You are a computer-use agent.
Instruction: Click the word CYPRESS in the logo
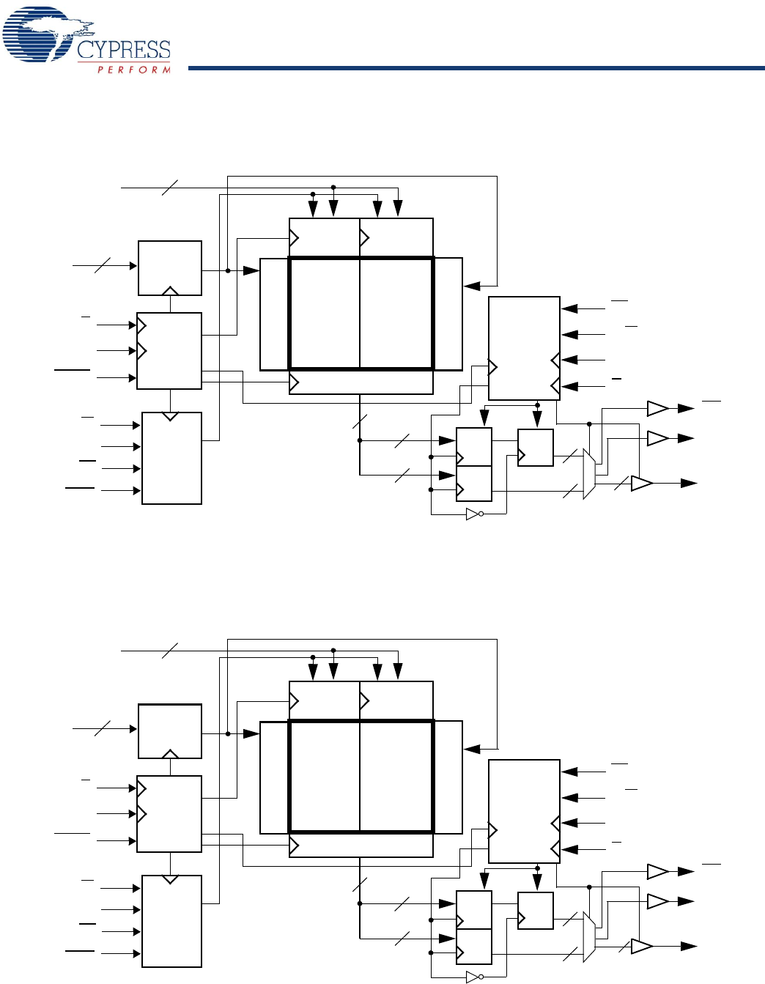[x=123, y=50]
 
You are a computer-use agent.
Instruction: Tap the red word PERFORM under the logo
[x=134, y=70]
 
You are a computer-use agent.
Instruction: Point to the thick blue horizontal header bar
[x=476, y=68]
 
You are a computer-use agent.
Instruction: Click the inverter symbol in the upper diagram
[x=474, y=514]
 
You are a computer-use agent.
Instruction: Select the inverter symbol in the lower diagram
[x=474, y=977]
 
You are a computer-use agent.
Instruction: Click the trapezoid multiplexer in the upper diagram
[x=588, y=474]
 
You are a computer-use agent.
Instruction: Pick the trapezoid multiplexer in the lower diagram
[x=588, y=937]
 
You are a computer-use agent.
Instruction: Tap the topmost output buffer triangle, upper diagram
[x=657, y=408]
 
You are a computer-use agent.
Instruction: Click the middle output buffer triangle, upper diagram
[x=657, y=438]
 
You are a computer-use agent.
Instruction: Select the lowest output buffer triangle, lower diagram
[x=641, y=947]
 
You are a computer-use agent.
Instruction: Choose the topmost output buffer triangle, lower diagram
[x=657, y=872]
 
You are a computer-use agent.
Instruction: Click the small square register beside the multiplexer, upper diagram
[x=535, y=448]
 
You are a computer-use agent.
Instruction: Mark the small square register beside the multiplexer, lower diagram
[x=535, y=911]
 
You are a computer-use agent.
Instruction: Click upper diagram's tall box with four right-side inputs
[x=524, y=348]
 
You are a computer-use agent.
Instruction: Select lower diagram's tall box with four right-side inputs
[x=524, y=811]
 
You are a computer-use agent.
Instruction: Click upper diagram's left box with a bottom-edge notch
[x=170, y=267]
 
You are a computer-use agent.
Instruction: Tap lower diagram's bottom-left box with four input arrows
[x=171, y=921]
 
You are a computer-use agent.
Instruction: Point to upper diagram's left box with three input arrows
[x=169, y=351]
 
